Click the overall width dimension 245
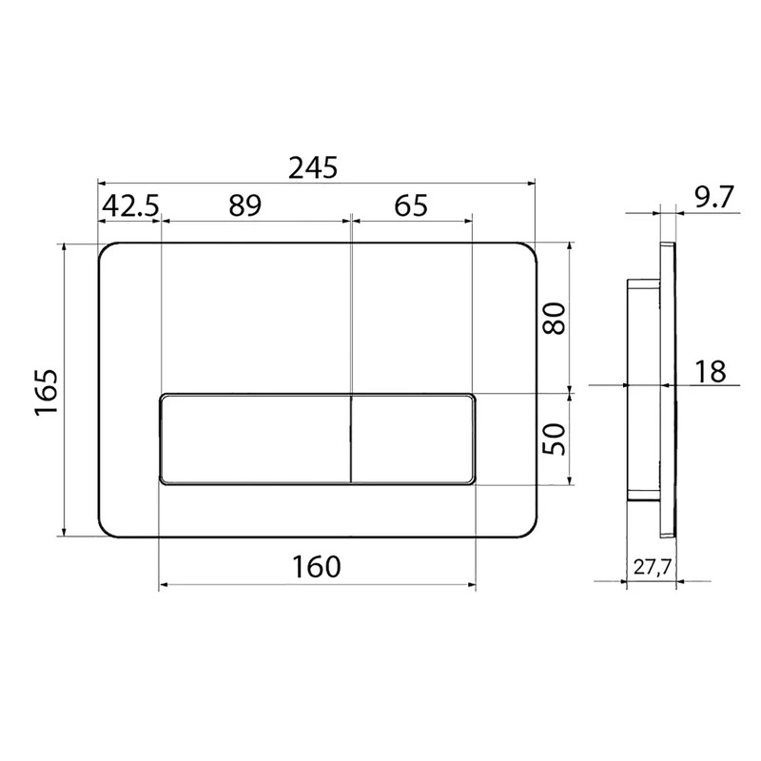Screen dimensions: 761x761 pos(313,168)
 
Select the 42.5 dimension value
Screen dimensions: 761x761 pos(130,205)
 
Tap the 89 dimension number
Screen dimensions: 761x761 pos(245,205)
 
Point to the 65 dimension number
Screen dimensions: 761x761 pos(411,205)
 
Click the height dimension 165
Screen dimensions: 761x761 pos(47,392)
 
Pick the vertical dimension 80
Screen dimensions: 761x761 pos(555,318)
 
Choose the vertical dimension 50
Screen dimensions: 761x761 pos(555,439)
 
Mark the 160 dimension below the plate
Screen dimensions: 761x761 pos(317,566)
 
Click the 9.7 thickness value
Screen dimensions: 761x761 pos(712,197)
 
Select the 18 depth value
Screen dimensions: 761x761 pos(710,371)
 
